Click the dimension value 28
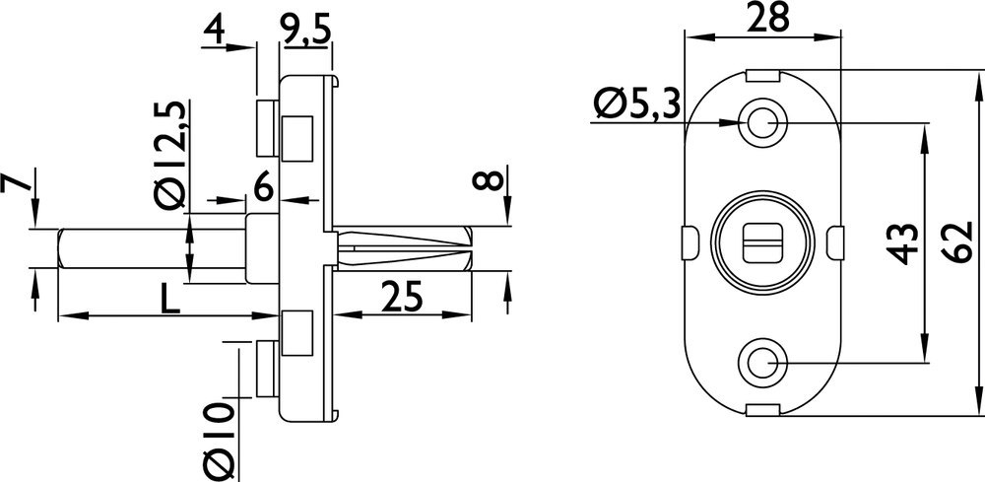[764, 19]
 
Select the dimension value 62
[952, 241]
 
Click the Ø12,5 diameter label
[169, 153]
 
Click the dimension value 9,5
[304, 31]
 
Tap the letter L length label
[170, 299]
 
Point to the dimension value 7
[13, 183]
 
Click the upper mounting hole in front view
[763, 122]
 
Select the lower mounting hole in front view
[763, 363]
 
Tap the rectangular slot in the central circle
[763, 242]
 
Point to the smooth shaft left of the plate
[148, 247]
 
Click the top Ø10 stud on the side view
[265, 125]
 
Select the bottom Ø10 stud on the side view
[265, 369]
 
